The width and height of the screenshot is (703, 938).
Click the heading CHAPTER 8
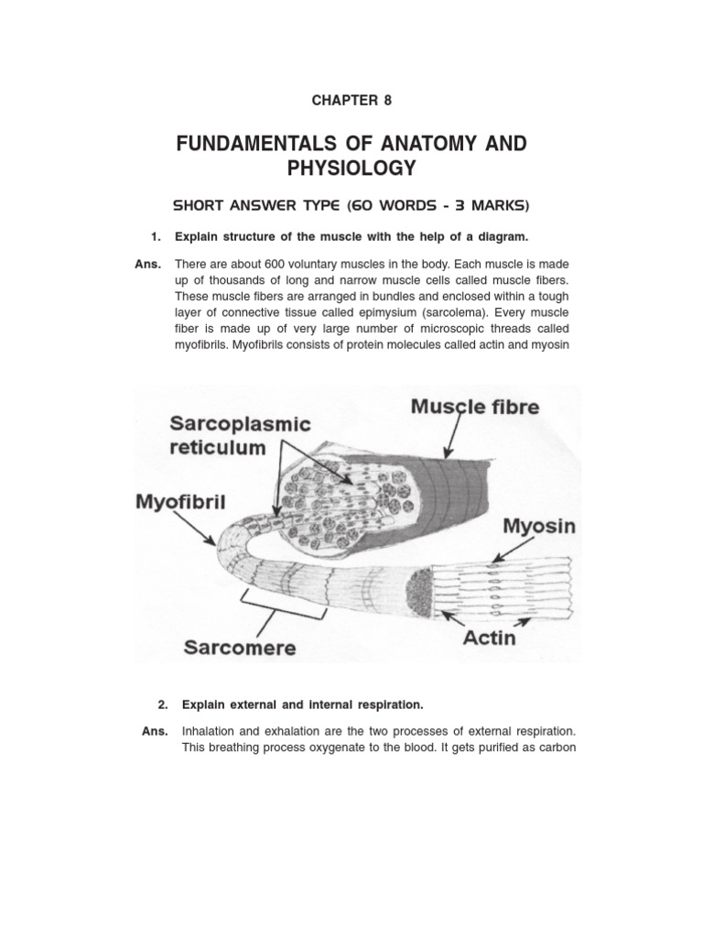(351, 100)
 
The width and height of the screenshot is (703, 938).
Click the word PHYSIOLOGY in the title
(351, 169)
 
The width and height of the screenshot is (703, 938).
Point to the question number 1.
(156, 237)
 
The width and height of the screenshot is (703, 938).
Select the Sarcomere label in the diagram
(241, 647)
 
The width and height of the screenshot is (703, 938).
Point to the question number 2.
(163, 704)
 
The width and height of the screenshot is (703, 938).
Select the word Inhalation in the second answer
(210, 732)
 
